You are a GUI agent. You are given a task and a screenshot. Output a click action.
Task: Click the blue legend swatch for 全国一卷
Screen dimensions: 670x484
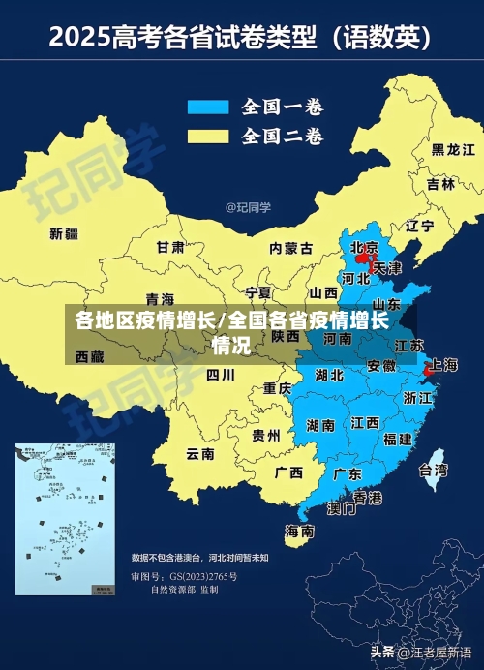pos(207,107)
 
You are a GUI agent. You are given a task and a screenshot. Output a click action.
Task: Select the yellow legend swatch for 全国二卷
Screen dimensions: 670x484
pos(207,135)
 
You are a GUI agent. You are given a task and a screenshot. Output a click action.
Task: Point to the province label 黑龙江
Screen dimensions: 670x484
pos(453,150)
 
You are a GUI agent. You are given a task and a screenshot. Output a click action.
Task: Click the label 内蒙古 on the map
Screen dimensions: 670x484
pos(290,249)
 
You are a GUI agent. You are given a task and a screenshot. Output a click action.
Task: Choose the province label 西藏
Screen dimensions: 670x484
pos(89,357)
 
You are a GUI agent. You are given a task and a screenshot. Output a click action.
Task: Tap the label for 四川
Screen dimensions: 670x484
pos(221,374)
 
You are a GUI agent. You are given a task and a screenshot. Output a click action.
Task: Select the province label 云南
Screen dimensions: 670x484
pos(200,453)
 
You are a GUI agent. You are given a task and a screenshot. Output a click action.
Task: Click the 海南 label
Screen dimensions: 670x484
pos(299,532)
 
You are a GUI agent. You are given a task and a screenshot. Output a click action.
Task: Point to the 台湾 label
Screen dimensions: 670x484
pos(433,471)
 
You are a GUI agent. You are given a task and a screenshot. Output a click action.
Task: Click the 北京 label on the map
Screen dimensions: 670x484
pos(364,247)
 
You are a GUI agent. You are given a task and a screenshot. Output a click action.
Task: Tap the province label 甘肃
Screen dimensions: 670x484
pos(170,247)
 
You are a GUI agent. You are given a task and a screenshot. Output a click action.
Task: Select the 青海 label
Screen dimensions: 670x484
pos(160,298)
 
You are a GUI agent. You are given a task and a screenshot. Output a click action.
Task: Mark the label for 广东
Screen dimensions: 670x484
pos(348,474)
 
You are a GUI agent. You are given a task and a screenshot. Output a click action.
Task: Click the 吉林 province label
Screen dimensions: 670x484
pos(440,184)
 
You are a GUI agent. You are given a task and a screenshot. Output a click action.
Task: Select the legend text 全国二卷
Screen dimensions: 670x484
pos(282,135)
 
